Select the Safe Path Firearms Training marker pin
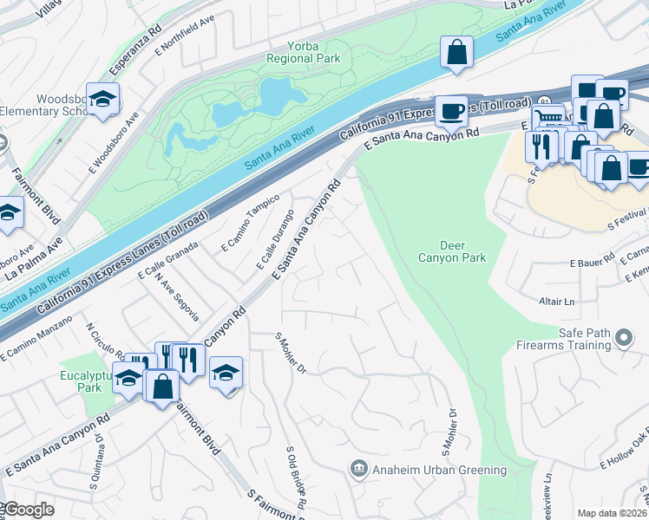(x=623, y=339)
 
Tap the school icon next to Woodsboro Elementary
(x=102, y=99)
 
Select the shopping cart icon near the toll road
(x=547, y=119)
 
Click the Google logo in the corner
(x=28, y=510)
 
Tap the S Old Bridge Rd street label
(x=295, y=478)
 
